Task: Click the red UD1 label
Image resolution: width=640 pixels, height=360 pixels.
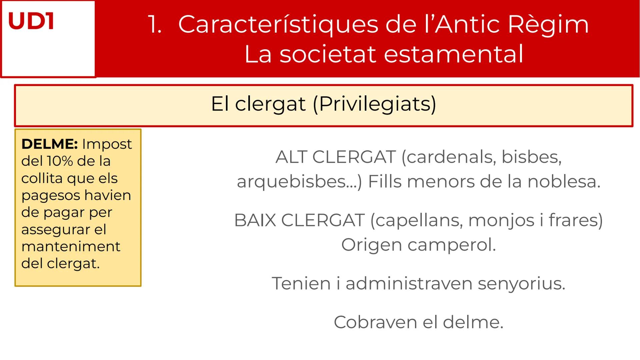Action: pos(31,21)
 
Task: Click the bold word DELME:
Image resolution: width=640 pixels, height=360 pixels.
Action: pos(50,144)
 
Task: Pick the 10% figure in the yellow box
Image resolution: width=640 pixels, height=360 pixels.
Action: pos(60,161)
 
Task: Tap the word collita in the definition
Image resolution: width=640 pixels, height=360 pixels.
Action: pos(42,178)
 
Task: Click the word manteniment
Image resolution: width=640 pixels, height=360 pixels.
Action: pos(71,247)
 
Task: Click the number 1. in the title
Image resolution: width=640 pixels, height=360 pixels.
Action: pos(155,25)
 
